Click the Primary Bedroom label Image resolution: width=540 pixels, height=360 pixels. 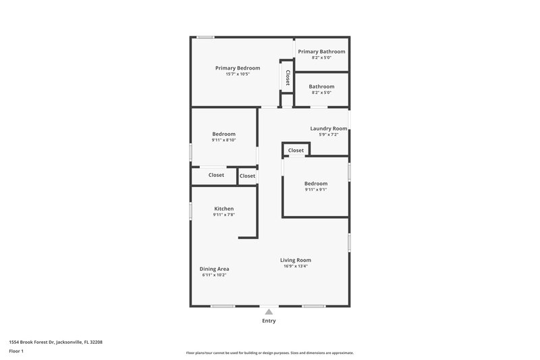click(x=238, y=68)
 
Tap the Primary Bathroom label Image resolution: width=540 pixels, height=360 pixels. click(x=321, y=52)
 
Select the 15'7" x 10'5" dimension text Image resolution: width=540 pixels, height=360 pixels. click(x=238, y=74)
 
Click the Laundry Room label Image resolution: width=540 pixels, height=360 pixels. click(x=329, y=128)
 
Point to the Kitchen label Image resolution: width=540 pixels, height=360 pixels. click(x=224, y=209)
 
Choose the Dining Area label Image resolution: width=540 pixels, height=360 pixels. click(x=214, y=269)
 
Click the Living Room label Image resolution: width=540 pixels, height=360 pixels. click(x=296, y=260)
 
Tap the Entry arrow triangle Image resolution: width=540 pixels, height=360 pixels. click(x=269, y=311)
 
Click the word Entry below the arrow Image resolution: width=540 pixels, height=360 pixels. click(x=269, y=321)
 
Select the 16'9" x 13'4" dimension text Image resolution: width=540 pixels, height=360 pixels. click(x=296, y=266)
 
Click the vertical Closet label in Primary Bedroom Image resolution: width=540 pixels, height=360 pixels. click(x=288, y=78)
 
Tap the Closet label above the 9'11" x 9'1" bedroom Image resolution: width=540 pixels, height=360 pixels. click(x=296, y=151)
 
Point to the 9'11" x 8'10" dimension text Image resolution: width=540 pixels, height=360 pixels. click(x=223, y=140)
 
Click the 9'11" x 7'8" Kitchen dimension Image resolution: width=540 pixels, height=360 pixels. click(x=224, y=215)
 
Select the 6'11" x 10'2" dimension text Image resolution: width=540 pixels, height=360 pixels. click(x=214, y=275)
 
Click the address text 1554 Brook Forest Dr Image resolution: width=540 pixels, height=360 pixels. click(x=56, y=342)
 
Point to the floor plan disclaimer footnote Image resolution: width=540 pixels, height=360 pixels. click(x=269, y=353)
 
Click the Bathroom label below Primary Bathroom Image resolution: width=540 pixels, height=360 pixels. click(x=321, y=86)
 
